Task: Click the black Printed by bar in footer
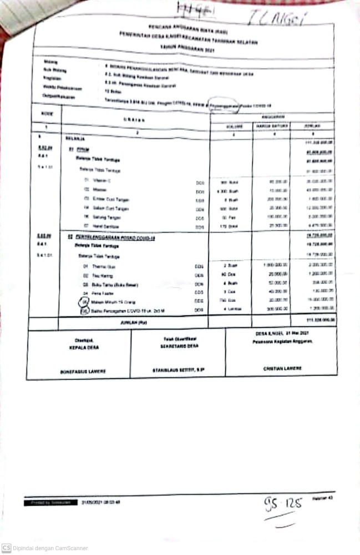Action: coord(49,502)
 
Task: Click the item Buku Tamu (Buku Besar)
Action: coord(108,285)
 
